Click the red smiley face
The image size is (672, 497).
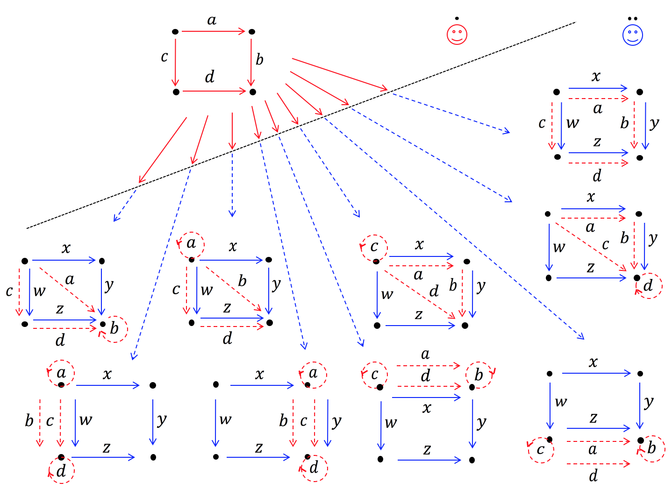tap(457, 34)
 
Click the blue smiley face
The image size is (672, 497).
tap(632, 35)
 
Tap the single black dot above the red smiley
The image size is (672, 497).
tap(457, 19)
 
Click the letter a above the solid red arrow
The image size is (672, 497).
tap(212, 21)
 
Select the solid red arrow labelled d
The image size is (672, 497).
tap(214, 92)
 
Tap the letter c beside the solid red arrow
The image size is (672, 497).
tap(164, 57)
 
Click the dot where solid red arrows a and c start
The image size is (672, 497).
tap(175, 32)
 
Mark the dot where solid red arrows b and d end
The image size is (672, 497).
tap(252, 92)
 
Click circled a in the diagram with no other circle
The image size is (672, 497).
tap(191, 244)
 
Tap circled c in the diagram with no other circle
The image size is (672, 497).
tap(374, 247)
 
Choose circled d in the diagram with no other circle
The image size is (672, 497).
tap(648, 285)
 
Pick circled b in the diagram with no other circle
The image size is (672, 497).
tap(114, 329)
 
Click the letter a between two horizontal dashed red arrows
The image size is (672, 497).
tap(593, 450)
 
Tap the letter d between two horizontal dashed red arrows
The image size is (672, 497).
tap(425, 376)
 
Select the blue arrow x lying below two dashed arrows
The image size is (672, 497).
tap(426, 398)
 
